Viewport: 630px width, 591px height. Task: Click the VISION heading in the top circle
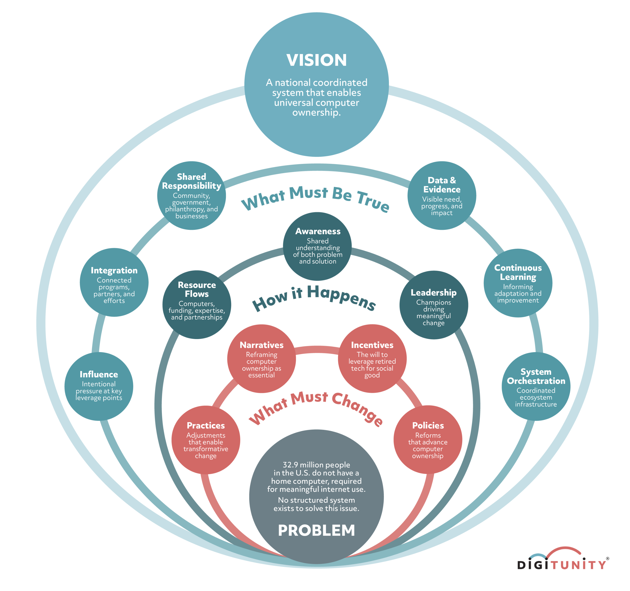click(316, 60)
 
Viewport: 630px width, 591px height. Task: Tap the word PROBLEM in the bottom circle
click(316, 530)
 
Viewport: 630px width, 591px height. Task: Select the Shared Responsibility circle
click(191, 196)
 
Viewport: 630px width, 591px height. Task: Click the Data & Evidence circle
click(442, 196)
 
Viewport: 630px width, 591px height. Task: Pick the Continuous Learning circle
click(518, 283)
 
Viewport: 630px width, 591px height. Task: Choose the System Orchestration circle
click(536, 386)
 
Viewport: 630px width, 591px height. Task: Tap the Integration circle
click(114, 282)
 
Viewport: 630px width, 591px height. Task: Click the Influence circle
click(99, 386)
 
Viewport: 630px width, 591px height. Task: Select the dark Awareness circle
click(317, 246)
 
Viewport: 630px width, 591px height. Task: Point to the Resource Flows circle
click(197, 305)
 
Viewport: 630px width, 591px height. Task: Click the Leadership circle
click(434, 305)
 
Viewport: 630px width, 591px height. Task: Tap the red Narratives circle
click(261, 359)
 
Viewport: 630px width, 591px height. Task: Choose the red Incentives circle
click(372, 359)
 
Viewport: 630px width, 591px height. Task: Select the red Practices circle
click(206, 440)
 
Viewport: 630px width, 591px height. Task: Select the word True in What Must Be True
click(373, 201)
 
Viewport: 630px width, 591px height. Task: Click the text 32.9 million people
click(316, 465)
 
